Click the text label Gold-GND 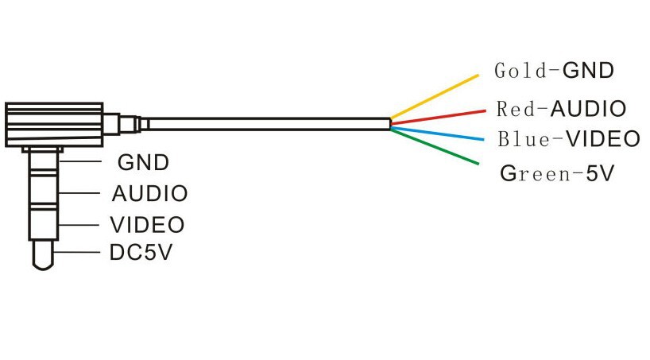click(x=554, y=70)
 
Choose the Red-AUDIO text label click(x=561, y=108)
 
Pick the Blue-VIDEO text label click(x=568, y=139)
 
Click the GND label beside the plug click(x=143, y=163)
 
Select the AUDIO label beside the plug click(x=149, y=193)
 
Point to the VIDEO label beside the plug click(x=147, y=224)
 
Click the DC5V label click(x=141, y=254)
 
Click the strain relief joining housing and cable click(x=123, y=123)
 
